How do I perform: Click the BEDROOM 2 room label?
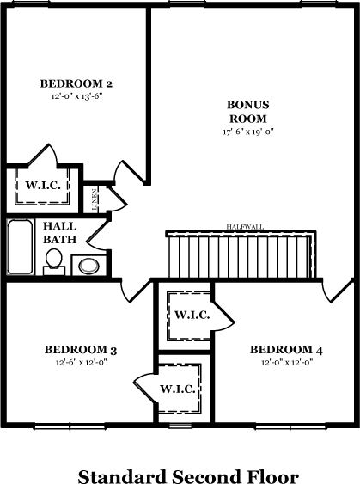pos(76,83)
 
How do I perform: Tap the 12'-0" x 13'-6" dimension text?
pos(76,96)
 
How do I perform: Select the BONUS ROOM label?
pos(248,112)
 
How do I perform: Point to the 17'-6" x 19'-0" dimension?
pos(248,132)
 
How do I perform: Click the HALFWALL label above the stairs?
pos(245,227)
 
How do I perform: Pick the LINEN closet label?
pos(95,199)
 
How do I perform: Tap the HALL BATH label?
pos(59,233)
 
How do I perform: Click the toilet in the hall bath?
pos(53,261)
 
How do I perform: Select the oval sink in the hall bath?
pos(88,267)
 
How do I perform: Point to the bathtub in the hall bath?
pos(21,247)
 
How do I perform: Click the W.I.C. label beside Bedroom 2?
pos(43,186)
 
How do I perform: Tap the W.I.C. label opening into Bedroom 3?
pos(177,389)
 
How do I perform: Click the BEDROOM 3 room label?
pos(81,350)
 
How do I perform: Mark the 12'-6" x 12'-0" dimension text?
pos(81,363)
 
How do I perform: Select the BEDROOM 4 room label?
pos(286,350)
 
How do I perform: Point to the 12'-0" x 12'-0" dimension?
pos(287,363)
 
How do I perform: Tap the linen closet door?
pos(117,199)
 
